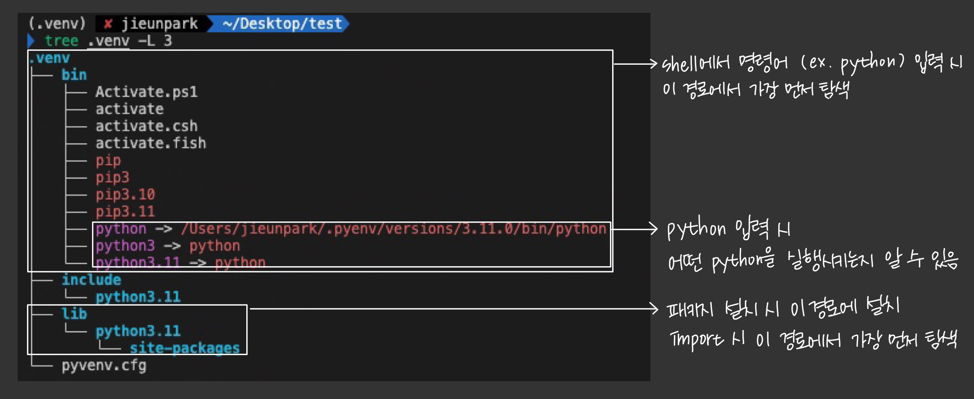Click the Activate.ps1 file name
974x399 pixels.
click(146, 92)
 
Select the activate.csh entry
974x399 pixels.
click(146, 126)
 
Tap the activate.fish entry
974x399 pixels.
click(151, 143)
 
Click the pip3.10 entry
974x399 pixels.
click(125, 195)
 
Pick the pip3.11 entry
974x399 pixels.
click(125, 211)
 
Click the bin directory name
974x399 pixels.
click(74, 75)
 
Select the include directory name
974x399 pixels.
click(91, 280)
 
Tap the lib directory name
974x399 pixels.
click(74, 314)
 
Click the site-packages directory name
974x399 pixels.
click(185, 348)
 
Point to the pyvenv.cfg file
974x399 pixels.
click(104, 365)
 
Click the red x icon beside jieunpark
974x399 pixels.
click(108, 24)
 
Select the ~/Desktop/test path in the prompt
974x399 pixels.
click(282, 24)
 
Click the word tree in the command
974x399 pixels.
click(61, 41)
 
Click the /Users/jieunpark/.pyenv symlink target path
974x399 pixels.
click(393, 229)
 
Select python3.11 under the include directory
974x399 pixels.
click(138, 297)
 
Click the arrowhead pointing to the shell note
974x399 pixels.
click(654, 64)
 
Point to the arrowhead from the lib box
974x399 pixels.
click(654, 308)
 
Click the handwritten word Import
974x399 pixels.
click(695, 340)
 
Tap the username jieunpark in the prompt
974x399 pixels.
click(159, 24)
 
